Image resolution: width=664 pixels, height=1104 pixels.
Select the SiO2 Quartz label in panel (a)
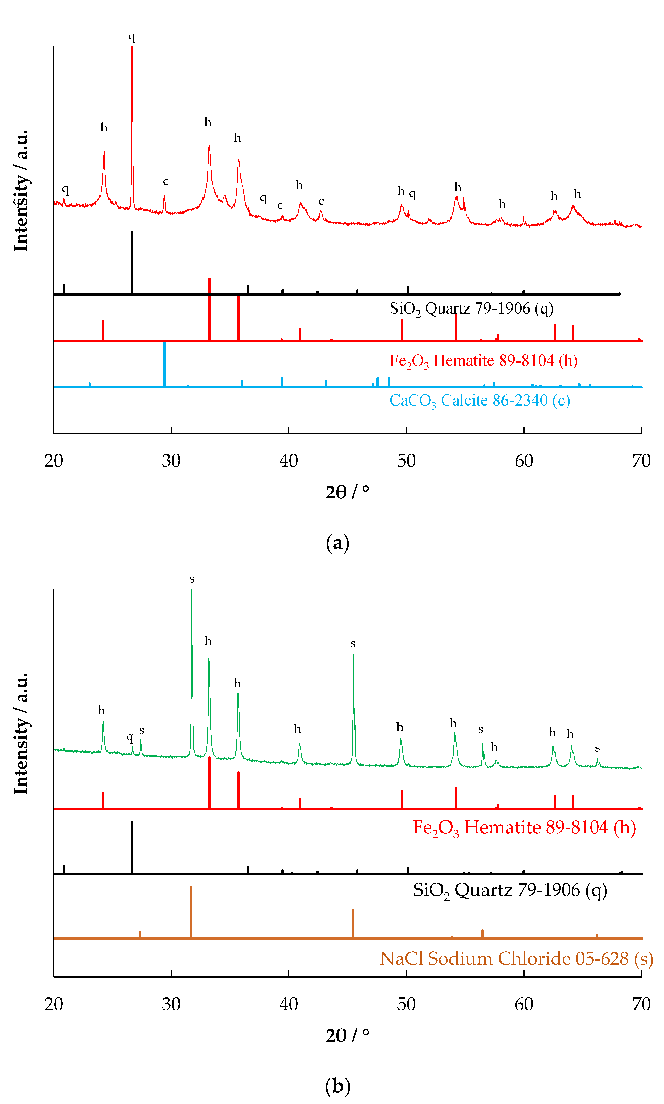(x=471, y=309)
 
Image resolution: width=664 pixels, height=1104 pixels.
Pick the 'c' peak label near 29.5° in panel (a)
(x=166, y=181)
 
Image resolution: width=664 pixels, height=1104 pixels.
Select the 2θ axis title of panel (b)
(x=347, y=1035)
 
